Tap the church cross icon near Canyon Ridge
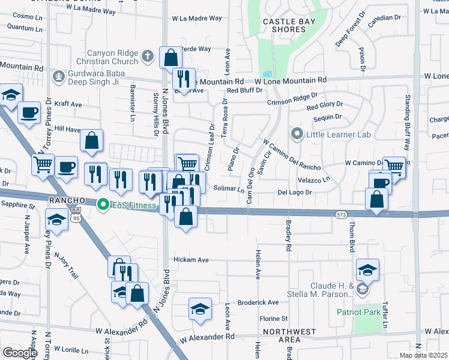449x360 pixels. click(148, 57)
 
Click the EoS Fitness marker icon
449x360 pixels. click(103, 205)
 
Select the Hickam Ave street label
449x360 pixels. click(191, 260)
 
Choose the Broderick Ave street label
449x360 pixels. click(258, 302)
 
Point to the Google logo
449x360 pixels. click(20, 353)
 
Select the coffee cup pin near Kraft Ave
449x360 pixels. click(29, 112)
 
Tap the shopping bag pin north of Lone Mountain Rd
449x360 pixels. click(171, 58)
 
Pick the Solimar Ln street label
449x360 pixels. click(229, 189)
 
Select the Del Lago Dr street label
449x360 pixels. click(295, 193)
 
